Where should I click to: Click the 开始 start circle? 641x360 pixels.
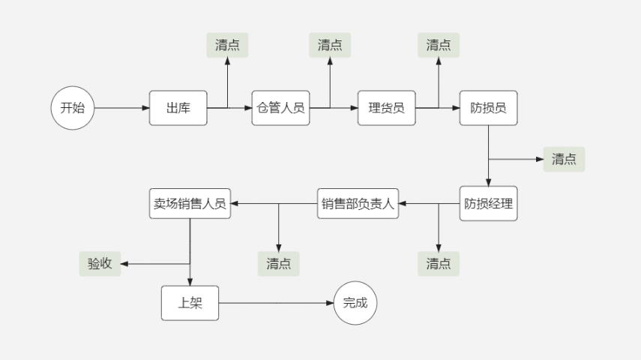point(73,108)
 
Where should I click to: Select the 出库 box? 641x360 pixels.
point(178,108)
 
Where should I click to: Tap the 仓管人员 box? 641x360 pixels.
point(280,108)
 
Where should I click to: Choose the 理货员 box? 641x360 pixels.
point(386,108)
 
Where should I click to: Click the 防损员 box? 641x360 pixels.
point(488,108)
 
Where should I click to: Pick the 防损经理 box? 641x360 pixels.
point(488,203)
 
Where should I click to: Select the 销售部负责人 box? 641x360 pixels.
point(358,203)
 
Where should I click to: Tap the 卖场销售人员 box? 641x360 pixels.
point(190,203)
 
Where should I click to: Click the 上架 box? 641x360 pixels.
point(190,303)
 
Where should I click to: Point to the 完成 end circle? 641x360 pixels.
point(355,303)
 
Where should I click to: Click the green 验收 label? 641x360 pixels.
point(100,263)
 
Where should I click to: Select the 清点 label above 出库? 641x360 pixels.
point(227,45)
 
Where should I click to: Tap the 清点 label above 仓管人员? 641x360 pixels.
point(330,45)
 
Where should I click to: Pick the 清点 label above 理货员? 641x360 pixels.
point(439,45)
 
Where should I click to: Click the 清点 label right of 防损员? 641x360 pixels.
point(564,159)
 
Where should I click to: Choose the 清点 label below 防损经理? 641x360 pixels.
point(439,263)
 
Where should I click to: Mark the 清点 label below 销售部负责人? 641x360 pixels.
point(278,263)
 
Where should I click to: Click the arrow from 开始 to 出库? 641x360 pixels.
point(121,108)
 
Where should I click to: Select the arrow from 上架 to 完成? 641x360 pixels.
point(276,303)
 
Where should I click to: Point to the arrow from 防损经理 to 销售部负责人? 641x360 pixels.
point(429,203)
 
